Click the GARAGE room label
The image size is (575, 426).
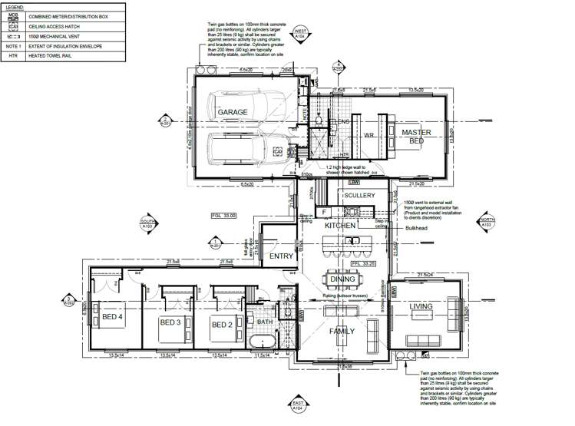(232, 112)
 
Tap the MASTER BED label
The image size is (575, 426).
(416, 137)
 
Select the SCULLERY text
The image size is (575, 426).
(359, 196)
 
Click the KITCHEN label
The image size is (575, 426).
(339, 226)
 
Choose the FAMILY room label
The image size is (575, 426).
(343, 332)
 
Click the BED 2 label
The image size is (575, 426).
(222, 325)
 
